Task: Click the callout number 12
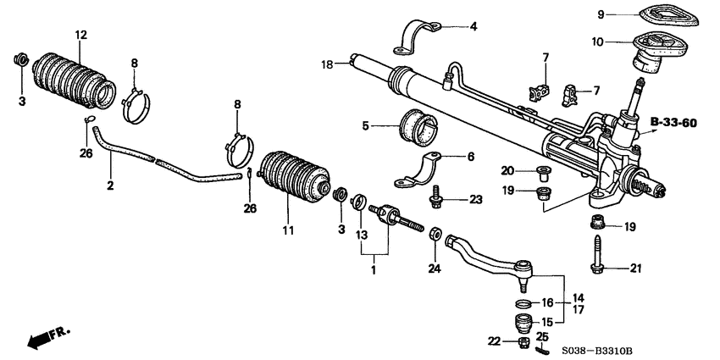tap(80, 35)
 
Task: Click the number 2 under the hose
tap(111, 185)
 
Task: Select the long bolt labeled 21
tap(598, 255)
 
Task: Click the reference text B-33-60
tap(673, 123)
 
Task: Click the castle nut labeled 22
tap(523, 343)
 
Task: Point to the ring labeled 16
tap(523, 302)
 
